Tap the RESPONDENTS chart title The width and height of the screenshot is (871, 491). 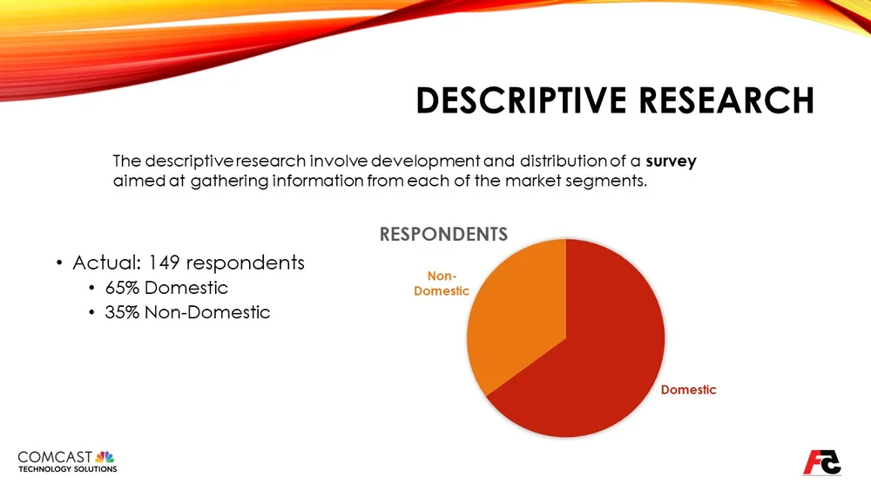(442, 234)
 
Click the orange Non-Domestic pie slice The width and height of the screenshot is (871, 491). (514, 314)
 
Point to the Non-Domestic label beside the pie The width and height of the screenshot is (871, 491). (441, 283)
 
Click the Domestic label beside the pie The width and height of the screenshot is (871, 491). (688, 390)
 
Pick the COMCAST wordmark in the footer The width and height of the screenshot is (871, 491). (54, 457)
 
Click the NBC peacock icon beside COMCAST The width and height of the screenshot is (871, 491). (105, 457)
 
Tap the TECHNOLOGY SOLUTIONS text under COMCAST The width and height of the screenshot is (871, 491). (67, 469)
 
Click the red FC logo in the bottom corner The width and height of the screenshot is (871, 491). (821, 461)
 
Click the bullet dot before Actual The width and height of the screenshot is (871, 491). (58, 263)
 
